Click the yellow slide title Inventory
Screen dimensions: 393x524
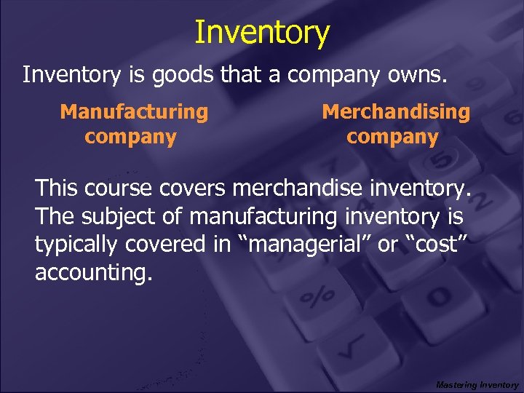click(x=262, y=33)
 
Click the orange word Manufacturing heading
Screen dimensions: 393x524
click(x=134, y=112)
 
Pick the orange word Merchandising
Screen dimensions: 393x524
click(x=396, y=112)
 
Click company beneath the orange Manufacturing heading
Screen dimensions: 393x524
click(x=131, y=138)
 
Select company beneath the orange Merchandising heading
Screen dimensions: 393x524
click(x=392, y=138)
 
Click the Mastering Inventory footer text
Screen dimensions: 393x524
click(x=477, y=384)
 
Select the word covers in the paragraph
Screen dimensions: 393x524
click(x=190, y=189)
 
